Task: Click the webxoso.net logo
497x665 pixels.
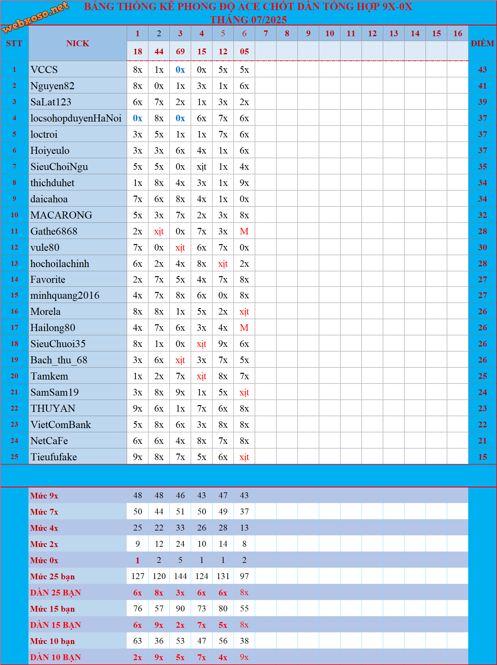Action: point(36,17)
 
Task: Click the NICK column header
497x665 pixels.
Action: point(78,43)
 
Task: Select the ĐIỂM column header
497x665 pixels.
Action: point(482,43)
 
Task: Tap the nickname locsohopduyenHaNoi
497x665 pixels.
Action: point(76,118)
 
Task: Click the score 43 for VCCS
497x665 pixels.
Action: point(482,70)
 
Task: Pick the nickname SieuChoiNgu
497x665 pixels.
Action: point(59,167)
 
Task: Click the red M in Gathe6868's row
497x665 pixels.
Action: point(244,231)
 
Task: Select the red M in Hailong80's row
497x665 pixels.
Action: point(244,328)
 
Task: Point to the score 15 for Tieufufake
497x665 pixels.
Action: point(482,457)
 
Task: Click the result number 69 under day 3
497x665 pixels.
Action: point(180,51)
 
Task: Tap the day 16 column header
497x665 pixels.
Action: point(458,33)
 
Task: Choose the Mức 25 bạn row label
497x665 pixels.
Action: point(52,576)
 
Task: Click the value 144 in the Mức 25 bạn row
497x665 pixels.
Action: point(180,576)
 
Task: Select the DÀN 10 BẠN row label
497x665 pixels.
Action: point(56,657)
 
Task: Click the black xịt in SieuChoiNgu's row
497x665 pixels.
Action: point(201,167)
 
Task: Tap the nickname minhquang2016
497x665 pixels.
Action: point(65,295)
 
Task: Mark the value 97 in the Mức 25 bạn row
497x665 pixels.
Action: point(244,576)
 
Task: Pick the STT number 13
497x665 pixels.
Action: point(15,263)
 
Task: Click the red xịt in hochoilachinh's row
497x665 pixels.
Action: point(223,264)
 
